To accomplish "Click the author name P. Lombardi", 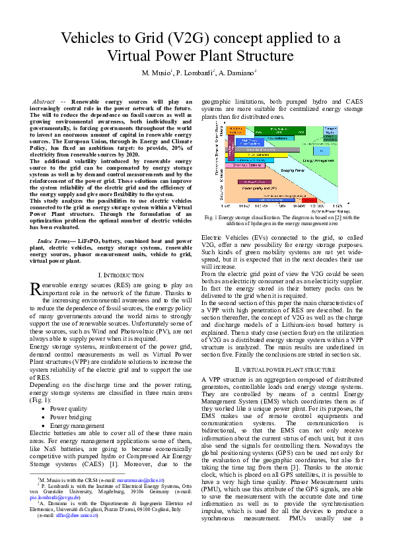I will (194, 72).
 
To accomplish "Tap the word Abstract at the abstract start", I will (43, 102).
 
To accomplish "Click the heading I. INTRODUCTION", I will (110, 273).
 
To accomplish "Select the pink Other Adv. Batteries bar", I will (244, 165).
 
